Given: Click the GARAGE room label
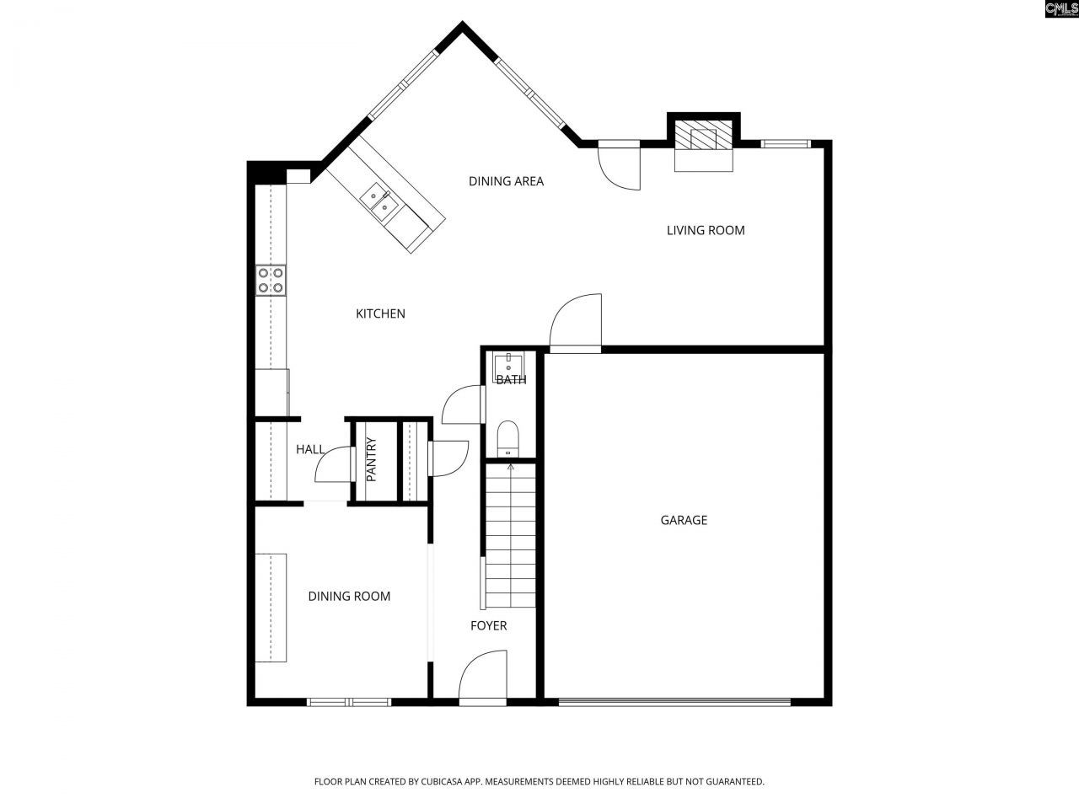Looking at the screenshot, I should [683, 520].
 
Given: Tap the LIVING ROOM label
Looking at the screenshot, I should [706, 230].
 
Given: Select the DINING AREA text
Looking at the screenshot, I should [506, 180].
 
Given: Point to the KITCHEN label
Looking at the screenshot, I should [380, 313].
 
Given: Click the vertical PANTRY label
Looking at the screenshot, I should [371, 459].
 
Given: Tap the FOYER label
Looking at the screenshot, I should [488, 625].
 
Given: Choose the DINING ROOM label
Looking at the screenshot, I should [349, 596].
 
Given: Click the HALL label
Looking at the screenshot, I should [309, 449].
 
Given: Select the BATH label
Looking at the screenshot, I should [511, 379].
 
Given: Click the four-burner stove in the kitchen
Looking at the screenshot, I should [271, 280].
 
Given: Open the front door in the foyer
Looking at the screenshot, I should [483, 678].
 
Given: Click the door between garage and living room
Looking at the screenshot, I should [576, 324].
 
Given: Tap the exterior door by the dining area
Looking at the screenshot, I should [620, 166].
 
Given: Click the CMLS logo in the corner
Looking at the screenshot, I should [1060, 9].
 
